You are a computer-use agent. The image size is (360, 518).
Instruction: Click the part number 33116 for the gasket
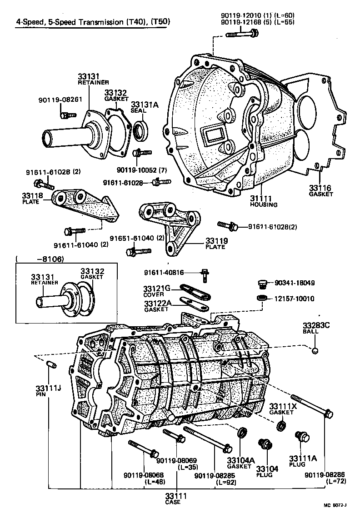point(320,188)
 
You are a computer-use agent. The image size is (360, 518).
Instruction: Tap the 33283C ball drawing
point(314,350)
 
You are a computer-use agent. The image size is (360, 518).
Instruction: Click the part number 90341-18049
point(294,283)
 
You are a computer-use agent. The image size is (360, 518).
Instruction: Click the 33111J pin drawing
point(51,364)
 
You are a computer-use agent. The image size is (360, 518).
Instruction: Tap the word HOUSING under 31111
point(263,204)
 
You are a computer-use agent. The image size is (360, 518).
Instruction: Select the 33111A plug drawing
point(300,437)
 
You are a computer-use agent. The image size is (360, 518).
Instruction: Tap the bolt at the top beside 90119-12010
point(241,33)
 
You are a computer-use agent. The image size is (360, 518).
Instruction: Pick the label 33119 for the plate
point(216,240)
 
